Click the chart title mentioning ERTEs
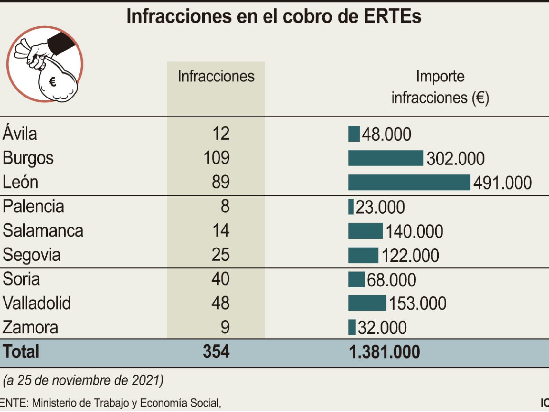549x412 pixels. pyautogui.click(x=274, y=16)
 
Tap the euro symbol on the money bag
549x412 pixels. pyautogui.click(x=53, y=82)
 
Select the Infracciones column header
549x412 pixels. pyautogui.click(x=216, y=77)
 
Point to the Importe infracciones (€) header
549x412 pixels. pyautogui.click(x=440, y=87)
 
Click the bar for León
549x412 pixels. pyautogui.click(x=409, y=183)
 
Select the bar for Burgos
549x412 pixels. pyautogui.click(x=386, y=158)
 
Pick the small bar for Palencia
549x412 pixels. pyautogui.click(x=351, y=207)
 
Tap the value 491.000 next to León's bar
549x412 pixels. pyautogui.click(x=502, y=183)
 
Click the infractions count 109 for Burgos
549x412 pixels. pyautogui.click(x=216, y=158)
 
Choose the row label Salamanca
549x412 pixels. pyautogui.click(x=43, y=230)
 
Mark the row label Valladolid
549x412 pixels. pyautogui.click(x=36, y=303)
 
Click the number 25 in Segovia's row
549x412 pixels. pyautogui.click(x=220, y=255)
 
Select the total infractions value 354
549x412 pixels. pyautogui.click(x=216, y=351)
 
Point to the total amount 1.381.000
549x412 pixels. pyautogui.click(x=384, y=352)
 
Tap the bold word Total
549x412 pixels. pyautogui.click(x=21, y=351)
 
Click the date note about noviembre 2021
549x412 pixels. pyautogui.click(x=83, y=380)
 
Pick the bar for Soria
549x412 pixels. pyautogui.click(x=356, y=279)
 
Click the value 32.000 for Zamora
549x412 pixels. pyautogui.click(x=382, y=328)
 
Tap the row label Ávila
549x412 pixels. pyautogui.click(x=20, y=133)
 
